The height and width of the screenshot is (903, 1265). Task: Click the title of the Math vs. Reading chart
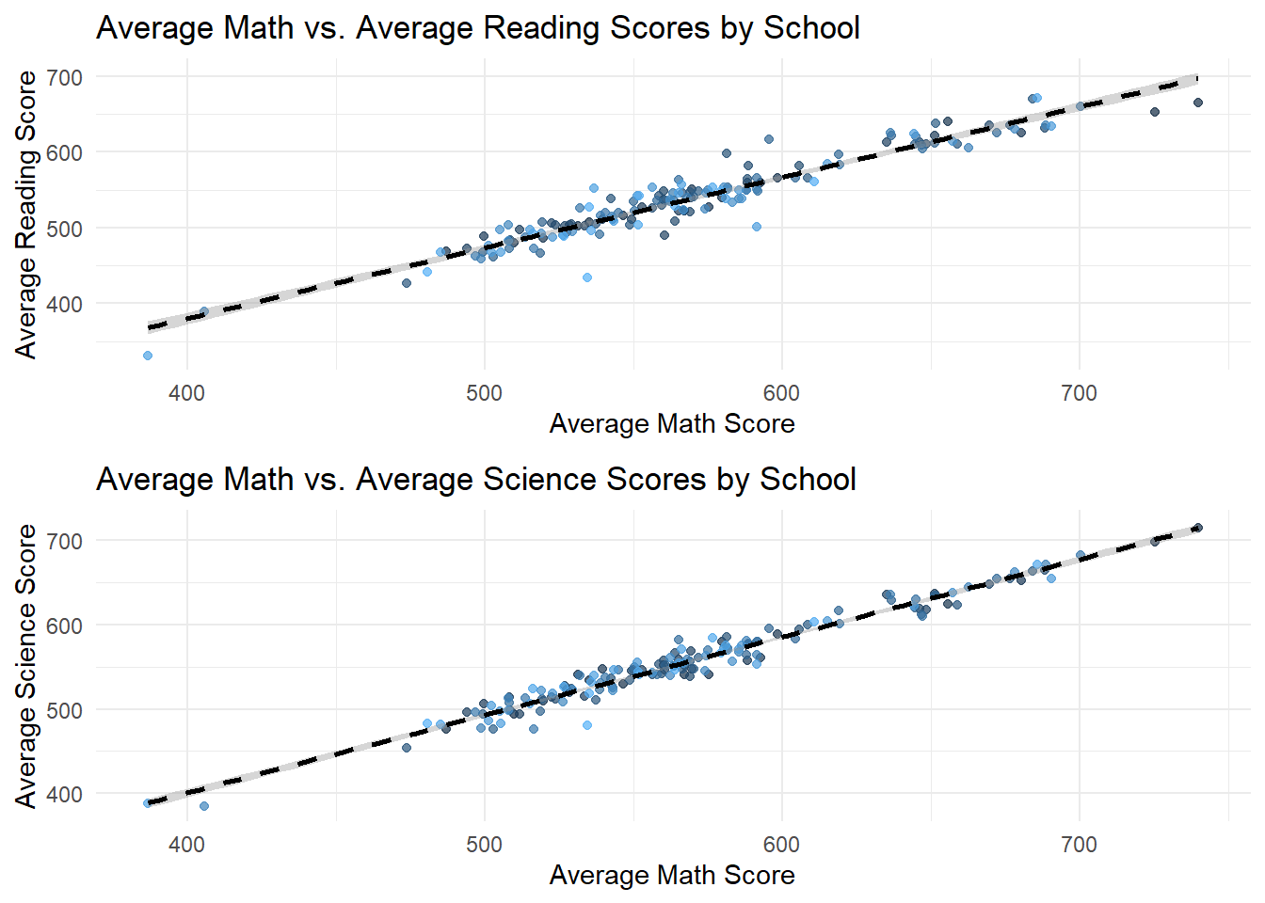(477, 27)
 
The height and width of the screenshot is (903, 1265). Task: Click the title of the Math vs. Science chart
(475, 479)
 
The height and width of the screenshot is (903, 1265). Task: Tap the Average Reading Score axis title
(26, 214)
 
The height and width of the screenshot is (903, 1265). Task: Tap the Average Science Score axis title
(26, 665)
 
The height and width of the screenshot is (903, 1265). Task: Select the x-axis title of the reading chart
(671, 423)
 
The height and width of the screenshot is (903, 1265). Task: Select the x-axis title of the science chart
(671, 875)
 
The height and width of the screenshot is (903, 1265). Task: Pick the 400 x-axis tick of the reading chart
(186, 393)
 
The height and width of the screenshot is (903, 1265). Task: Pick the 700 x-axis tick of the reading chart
(1079, 393)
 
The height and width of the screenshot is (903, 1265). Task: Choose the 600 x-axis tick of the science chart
(781, 845)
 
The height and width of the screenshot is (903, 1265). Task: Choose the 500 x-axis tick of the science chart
(484, 845)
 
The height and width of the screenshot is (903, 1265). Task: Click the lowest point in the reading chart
(148, 356)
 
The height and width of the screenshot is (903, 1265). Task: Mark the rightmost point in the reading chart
(1198, 103)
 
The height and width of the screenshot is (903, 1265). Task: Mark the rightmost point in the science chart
(1198, 528)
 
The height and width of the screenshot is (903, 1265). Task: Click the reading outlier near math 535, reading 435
(587, 277)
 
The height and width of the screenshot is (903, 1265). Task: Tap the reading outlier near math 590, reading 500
(757, 227)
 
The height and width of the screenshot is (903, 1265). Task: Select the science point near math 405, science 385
(204, 806)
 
